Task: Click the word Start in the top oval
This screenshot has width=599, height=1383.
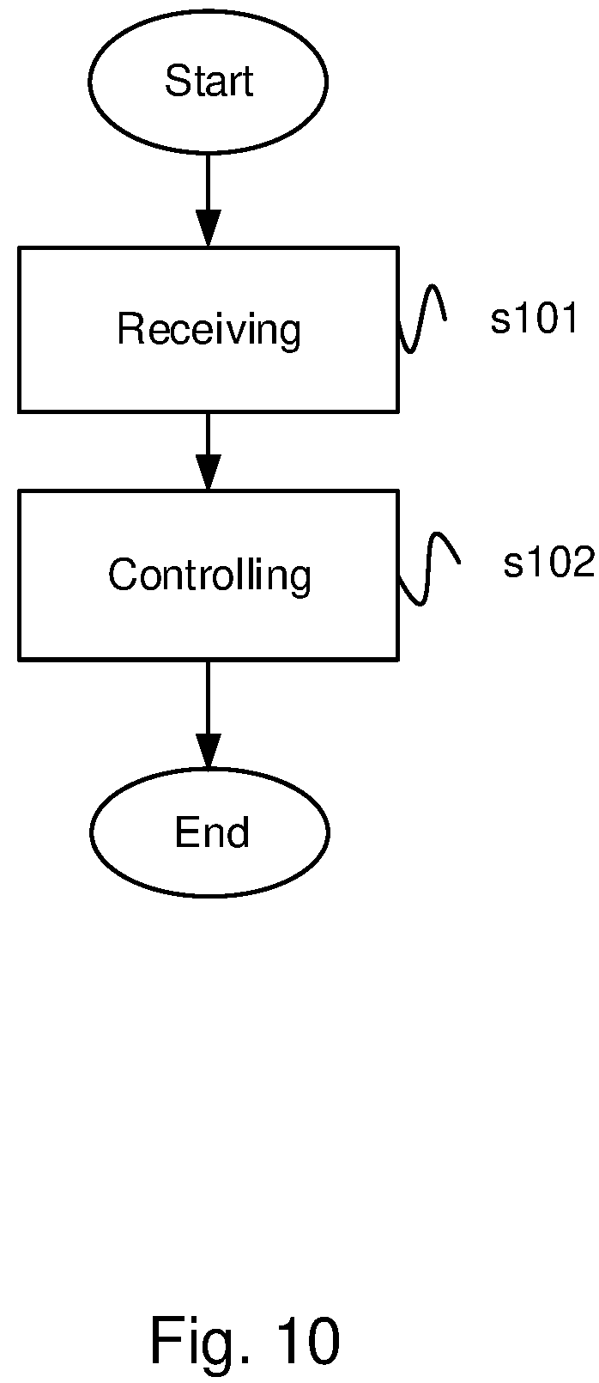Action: tap(209, 81)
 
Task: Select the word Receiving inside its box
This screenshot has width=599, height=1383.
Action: tap(209, 329)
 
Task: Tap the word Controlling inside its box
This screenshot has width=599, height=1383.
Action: tap(209, 575)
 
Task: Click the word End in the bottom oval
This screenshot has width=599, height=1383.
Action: tap(212, 832)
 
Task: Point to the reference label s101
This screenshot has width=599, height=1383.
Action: tap(535, 319)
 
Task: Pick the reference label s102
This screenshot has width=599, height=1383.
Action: tap(548, 563)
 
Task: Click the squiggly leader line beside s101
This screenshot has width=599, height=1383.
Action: tap(421, 319)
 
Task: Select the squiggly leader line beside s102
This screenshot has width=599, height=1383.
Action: tap(428, 568)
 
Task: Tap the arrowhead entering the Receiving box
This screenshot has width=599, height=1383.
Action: tap(209, 228)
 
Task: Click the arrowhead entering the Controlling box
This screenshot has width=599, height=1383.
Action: tap(209, 472)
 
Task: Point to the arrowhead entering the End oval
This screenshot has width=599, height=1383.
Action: tap(209, 751)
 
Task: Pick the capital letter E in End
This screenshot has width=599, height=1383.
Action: tap(186, 832)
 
